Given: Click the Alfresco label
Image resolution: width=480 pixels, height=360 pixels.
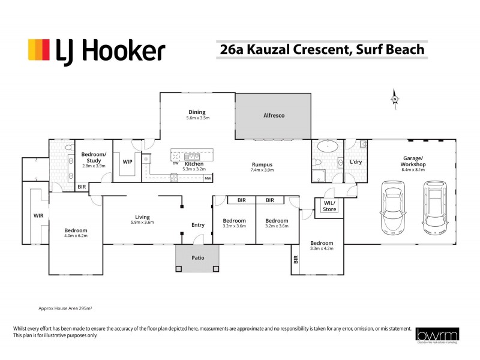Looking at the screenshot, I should coord(274,115).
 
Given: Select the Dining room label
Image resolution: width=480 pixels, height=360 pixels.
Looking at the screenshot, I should coord(197,112).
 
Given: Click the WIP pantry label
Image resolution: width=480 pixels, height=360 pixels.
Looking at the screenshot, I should coord(127,162).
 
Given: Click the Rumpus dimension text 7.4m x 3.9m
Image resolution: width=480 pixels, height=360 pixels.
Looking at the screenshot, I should coord(262,170).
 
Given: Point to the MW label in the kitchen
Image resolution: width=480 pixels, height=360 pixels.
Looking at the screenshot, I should coord(208,178).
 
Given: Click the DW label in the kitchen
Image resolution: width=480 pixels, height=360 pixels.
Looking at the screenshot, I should coord(175,163).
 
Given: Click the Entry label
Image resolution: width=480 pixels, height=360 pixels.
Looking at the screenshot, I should coord(197,225).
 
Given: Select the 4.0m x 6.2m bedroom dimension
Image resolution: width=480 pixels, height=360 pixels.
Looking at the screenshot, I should coord(76,236).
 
